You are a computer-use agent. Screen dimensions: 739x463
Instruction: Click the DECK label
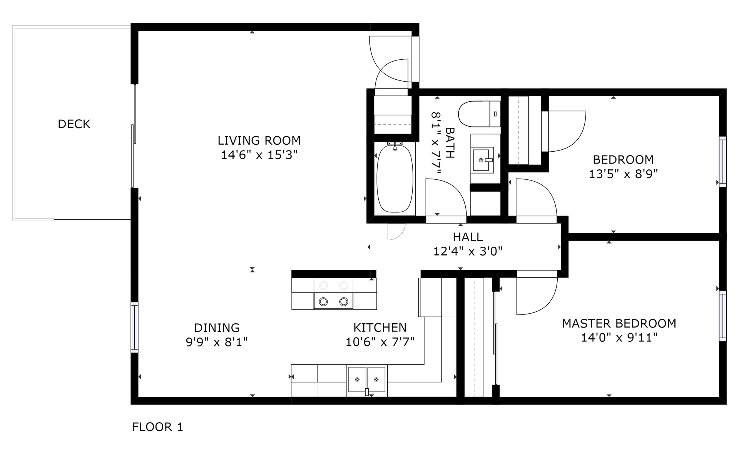click(x=74, y=124)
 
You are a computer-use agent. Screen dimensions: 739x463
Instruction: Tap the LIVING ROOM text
click(x=259, y=140)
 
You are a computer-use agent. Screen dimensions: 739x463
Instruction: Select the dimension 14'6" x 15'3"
click(x=259, y=155)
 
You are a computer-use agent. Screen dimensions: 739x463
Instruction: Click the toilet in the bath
click(x=479, y=114)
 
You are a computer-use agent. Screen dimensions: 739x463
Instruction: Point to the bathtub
click(x=395, y=178)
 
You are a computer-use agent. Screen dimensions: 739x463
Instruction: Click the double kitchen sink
click(x=367, y=379)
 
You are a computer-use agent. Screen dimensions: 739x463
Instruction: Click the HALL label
click(x=468, y=237)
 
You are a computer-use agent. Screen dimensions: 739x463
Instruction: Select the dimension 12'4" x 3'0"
click(x=468, y=251)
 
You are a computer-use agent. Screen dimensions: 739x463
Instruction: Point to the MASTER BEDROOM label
click(x=619, y=323)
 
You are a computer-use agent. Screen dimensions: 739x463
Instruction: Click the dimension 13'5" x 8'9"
click(x=623, y=174)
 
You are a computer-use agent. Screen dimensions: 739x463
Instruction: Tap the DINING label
click(x=217, y=328)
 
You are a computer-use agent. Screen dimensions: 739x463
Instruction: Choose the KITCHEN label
click(x=380, y=328)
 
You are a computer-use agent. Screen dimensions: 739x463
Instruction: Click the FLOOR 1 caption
click(x=157, y=427)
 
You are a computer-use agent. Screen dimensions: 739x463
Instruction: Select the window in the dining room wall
click(x=134, y=327)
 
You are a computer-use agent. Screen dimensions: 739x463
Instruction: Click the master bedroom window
click(x=723, y=316)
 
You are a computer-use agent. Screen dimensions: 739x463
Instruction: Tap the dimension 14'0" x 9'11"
click(x=619, y=338)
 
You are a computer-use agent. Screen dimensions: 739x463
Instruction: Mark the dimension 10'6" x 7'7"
click(x=380, y=342)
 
